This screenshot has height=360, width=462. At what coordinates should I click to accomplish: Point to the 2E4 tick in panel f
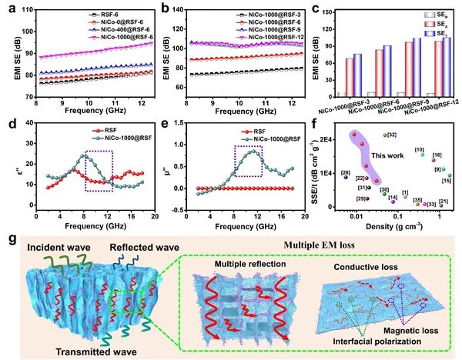[x=329, y=138]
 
